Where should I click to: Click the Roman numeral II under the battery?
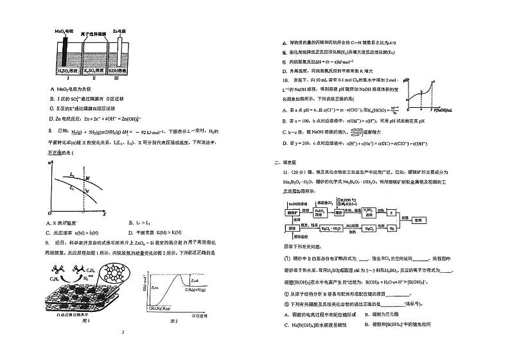(94, 80)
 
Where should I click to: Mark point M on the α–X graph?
(87, 177)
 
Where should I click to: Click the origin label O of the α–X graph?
(50, 212)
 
